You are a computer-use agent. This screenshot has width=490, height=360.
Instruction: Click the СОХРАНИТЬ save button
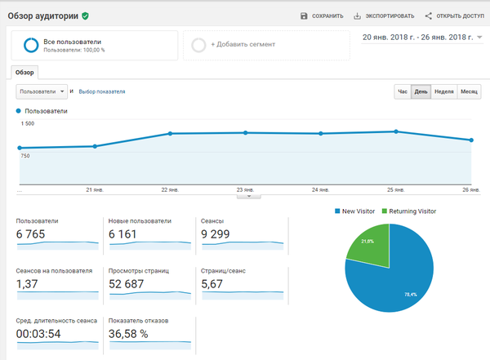[322, 16]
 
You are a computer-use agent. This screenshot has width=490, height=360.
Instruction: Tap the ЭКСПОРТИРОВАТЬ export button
[384, 16]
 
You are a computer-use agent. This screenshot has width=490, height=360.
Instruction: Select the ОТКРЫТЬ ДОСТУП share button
[454, 16]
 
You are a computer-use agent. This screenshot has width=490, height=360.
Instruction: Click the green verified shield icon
[85, 16]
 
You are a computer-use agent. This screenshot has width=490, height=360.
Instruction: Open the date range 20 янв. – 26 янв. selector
[422, 38]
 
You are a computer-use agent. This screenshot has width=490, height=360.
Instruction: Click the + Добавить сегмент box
[266, 45]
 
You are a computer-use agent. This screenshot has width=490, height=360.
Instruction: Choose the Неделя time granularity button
[443, 91]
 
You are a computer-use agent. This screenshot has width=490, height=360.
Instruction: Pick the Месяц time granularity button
[469, 91]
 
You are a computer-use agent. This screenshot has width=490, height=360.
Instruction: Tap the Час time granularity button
[403, 91]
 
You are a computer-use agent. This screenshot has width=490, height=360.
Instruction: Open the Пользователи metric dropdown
[42, 91]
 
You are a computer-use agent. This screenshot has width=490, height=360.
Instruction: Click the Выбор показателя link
[102, 91]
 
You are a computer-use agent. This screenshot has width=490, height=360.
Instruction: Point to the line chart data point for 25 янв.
[396, 131]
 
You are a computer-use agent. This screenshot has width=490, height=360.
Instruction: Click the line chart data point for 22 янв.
[170, 133]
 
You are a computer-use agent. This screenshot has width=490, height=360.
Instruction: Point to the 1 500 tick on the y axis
[28, 123]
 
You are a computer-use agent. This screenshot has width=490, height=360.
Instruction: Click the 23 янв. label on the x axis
[245, 189]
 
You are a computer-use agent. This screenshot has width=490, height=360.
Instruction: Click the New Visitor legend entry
[354, 211]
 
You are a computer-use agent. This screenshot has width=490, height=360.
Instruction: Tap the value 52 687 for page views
[127, 284]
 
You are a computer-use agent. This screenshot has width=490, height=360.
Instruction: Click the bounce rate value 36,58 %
[128, 334]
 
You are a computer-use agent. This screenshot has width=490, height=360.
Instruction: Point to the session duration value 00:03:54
[38, 334]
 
